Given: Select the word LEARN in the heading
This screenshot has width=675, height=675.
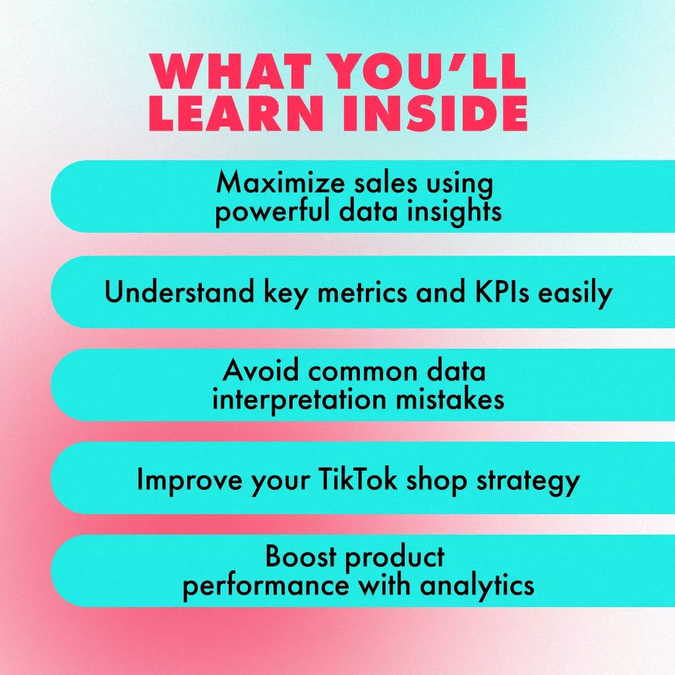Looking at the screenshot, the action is click(237, 113).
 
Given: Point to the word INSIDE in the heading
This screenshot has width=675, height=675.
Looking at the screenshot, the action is click(435, 113).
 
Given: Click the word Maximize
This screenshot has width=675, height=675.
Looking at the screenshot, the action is click(280, 183).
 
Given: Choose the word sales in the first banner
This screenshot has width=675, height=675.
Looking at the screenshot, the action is click(386, 183).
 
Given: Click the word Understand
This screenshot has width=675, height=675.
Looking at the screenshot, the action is click(179, 292).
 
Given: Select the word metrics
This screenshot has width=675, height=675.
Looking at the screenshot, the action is click(362, 292).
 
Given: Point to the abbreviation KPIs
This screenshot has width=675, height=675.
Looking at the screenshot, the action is click(502, 292).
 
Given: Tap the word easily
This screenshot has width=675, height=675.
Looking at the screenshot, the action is click(575, 293).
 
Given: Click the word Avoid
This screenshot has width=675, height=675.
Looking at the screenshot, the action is click(260, 370).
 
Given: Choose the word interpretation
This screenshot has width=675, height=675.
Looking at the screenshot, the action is click(299, 400).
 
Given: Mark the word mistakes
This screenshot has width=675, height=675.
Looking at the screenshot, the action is click(450, 399).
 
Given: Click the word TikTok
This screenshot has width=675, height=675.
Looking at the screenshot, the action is click(358, 479).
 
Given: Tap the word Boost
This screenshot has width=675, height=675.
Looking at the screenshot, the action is click(300, 556).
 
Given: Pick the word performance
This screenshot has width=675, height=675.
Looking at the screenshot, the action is click(266, 586).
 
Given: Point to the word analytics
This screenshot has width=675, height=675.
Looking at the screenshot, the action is click(477, 586).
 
